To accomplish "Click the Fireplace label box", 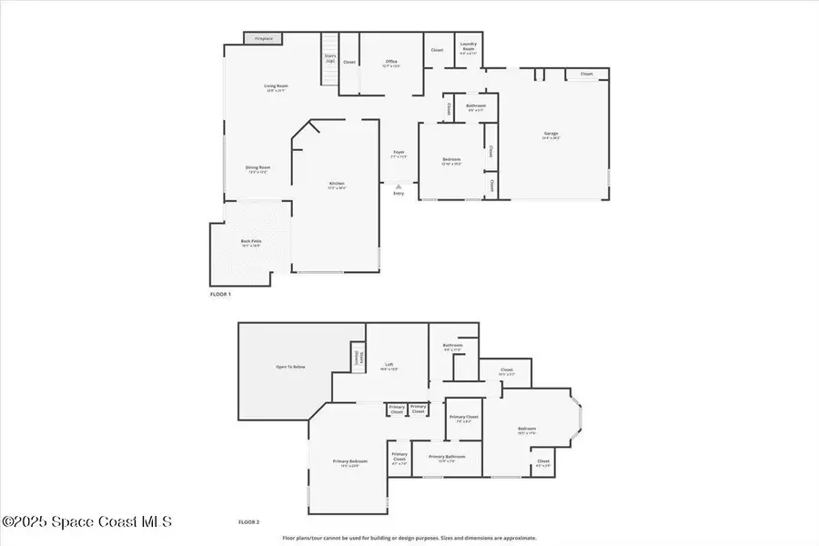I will (x=264, y=39).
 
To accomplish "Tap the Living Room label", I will (x=277, y=88).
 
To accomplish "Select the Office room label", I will (x=391, y=63).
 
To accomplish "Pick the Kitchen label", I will (x=337, y=185).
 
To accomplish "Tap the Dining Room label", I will (x=258, y=168).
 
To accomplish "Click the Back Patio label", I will (x=251, y=243).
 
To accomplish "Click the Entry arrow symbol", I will (x=399, y=187).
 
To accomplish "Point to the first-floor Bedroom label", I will (x=451, y=161).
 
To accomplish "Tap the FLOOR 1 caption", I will (x=221, y=295).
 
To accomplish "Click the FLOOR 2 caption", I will (x=249, y=522).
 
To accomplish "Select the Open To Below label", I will (x=290, y=367).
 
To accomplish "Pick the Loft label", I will (x=389, y=366).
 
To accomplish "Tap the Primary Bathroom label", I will (x=447, y=458).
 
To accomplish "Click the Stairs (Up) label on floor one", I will (x=330, y=58).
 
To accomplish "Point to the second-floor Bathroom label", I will (x=453, y=347).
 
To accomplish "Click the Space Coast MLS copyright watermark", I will (x=86, y=522).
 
